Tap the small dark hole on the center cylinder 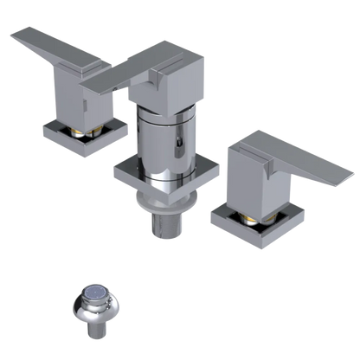(179, 138)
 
